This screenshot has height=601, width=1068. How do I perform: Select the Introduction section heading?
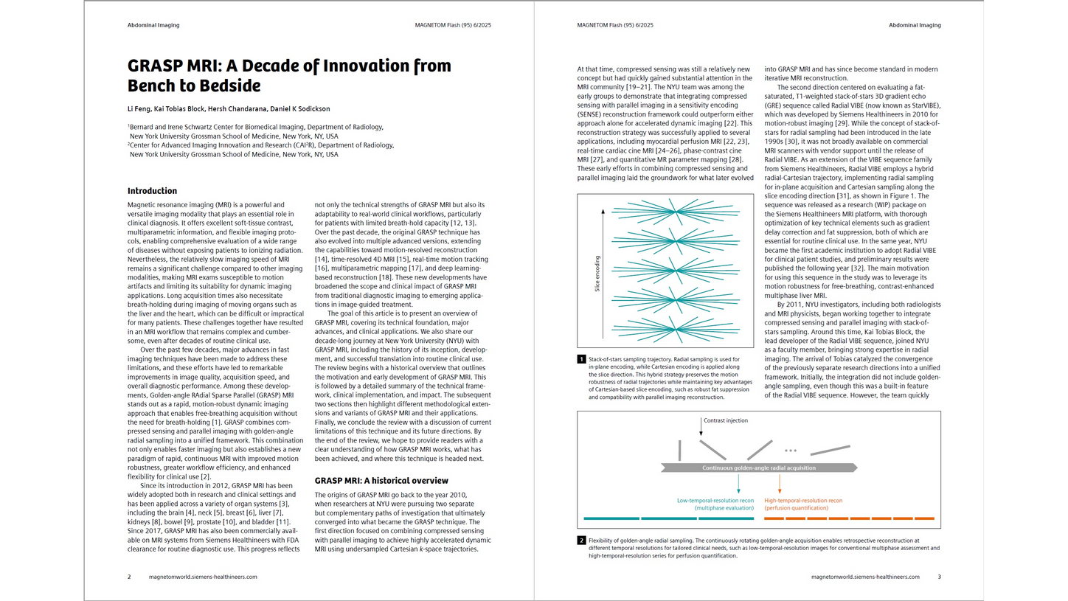pos(152,191)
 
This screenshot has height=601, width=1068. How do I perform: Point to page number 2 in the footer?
pos(129,577)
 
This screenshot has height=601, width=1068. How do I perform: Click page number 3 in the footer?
pos(939,577)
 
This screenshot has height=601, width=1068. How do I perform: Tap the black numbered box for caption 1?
pos(581,359)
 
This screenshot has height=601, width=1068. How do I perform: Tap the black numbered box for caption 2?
pos(581,541)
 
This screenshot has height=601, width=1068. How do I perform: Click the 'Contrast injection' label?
pos(726,421)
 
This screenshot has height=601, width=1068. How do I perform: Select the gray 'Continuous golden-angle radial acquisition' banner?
pos(759,468)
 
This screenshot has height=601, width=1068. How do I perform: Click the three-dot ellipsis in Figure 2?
pos(791,450)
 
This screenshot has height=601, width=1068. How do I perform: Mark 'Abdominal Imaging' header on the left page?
pos(153,25)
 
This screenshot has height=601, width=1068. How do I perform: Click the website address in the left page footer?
pos(203,577)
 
